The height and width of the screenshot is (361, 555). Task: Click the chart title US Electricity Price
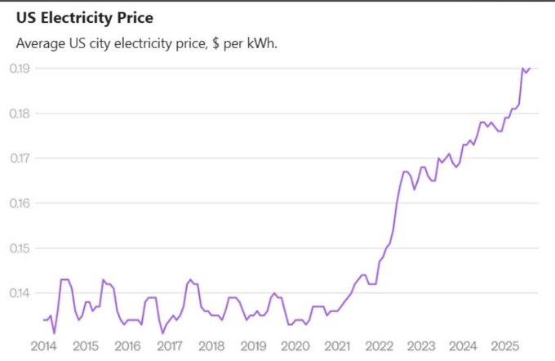click(84, 17)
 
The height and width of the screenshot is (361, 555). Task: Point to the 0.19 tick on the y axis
click(20, 69)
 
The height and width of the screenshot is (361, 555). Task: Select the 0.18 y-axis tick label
click(20, 114)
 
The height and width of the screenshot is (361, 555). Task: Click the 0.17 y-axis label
click(20, 158)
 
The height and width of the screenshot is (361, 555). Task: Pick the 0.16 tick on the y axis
click(20, 203)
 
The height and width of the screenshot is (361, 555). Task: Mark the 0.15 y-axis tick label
click(20, 248)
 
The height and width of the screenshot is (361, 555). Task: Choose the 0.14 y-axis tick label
click(20, 293)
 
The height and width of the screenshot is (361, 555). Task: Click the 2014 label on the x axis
click(43, 345)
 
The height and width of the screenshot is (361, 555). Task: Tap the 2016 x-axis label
click(127, 345)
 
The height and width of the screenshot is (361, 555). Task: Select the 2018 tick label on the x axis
click(211, 345)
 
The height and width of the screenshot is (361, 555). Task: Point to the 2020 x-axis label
click(295, 345)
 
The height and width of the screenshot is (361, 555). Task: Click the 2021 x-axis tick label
click(337, 345)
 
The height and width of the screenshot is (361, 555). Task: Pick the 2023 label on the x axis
click(420, 345)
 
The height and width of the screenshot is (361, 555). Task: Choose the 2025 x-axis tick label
click(504, 345)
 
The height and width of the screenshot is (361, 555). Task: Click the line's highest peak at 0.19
click(522, 69)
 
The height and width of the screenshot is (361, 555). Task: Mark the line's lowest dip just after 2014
click(54, 333)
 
